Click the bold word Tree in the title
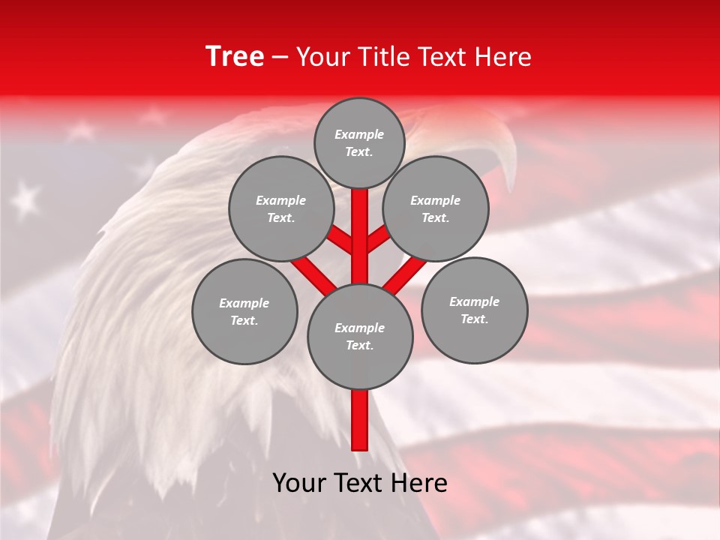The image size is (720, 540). click(x=235, y=57)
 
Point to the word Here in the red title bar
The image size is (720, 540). click(x=502, y=57)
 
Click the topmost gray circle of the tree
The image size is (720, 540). click(x=359, y=142)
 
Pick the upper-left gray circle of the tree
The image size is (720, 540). click(x=280, y=208)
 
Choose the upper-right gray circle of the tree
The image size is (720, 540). click(x=436, y=208)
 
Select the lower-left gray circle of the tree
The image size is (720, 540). click(x=244, y=311)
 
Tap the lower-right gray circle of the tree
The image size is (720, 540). click(x=474, y=310)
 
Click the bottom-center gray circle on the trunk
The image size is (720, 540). click(x=359, y=337)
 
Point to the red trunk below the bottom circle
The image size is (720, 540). click(x=359, y=420)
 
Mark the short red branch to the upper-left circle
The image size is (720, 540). click(x=341, y=240)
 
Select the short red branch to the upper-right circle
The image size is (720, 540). click(x=378, y=238)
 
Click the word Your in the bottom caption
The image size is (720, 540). click(x=299, y=483)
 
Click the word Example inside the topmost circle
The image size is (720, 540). click(x=359, y=134)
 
